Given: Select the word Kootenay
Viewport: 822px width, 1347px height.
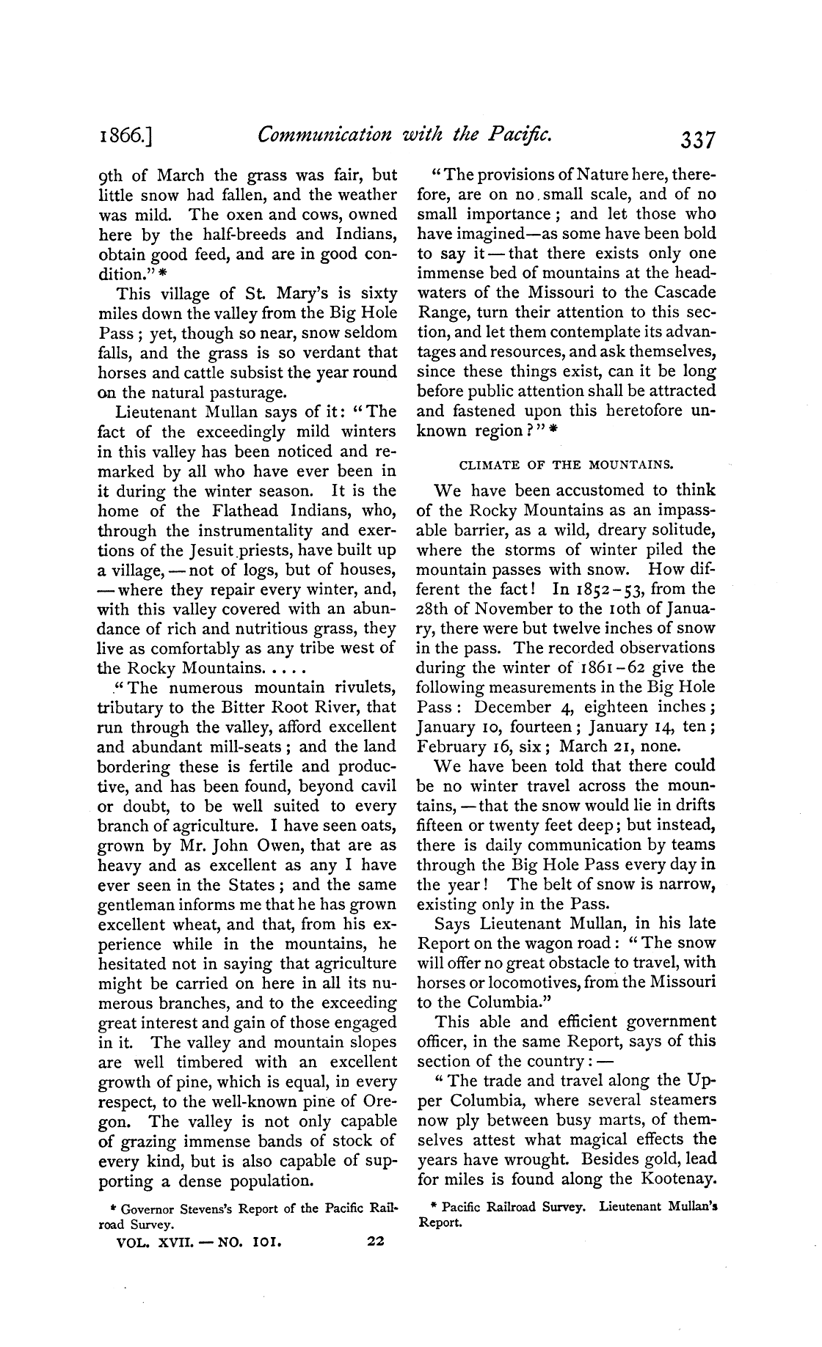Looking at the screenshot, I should point(679,1179).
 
